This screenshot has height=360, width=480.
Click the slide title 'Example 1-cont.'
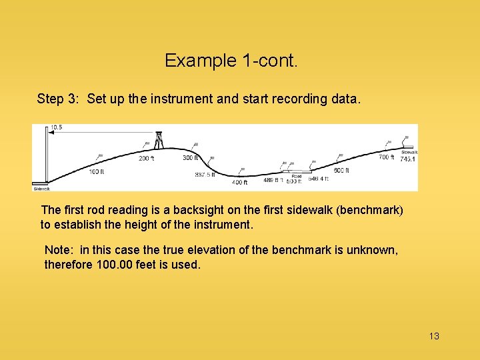[x=231, y=61]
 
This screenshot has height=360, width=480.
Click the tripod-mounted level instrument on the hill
[x=159, y=139]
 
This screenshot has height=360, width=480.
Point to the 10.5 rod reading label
[x=56, y=128]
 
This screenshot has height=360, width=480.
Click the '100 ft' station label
[x=97, y=172]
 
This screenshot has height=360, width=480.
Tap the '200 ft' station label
[x=146, y=159]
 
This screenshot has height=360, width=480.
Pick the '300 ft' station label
[x=190, y=158]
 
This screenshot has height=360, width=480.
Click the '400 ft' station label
[x=239, y=182]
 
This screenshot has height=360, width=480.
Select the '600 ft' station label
[x=341, y=171]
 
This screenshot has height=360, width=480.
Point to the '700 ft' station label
[x=386, y=158]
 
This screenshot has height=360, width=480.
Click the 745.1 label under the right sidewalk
[x=407, y=159]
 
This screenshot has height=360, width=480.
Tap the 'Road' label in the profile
[x=296, y=177]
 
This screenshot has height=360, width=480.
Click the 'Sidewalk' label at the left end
[x=41, y=189]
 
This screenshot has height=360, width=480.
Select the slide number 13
[x=434, y=336]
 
